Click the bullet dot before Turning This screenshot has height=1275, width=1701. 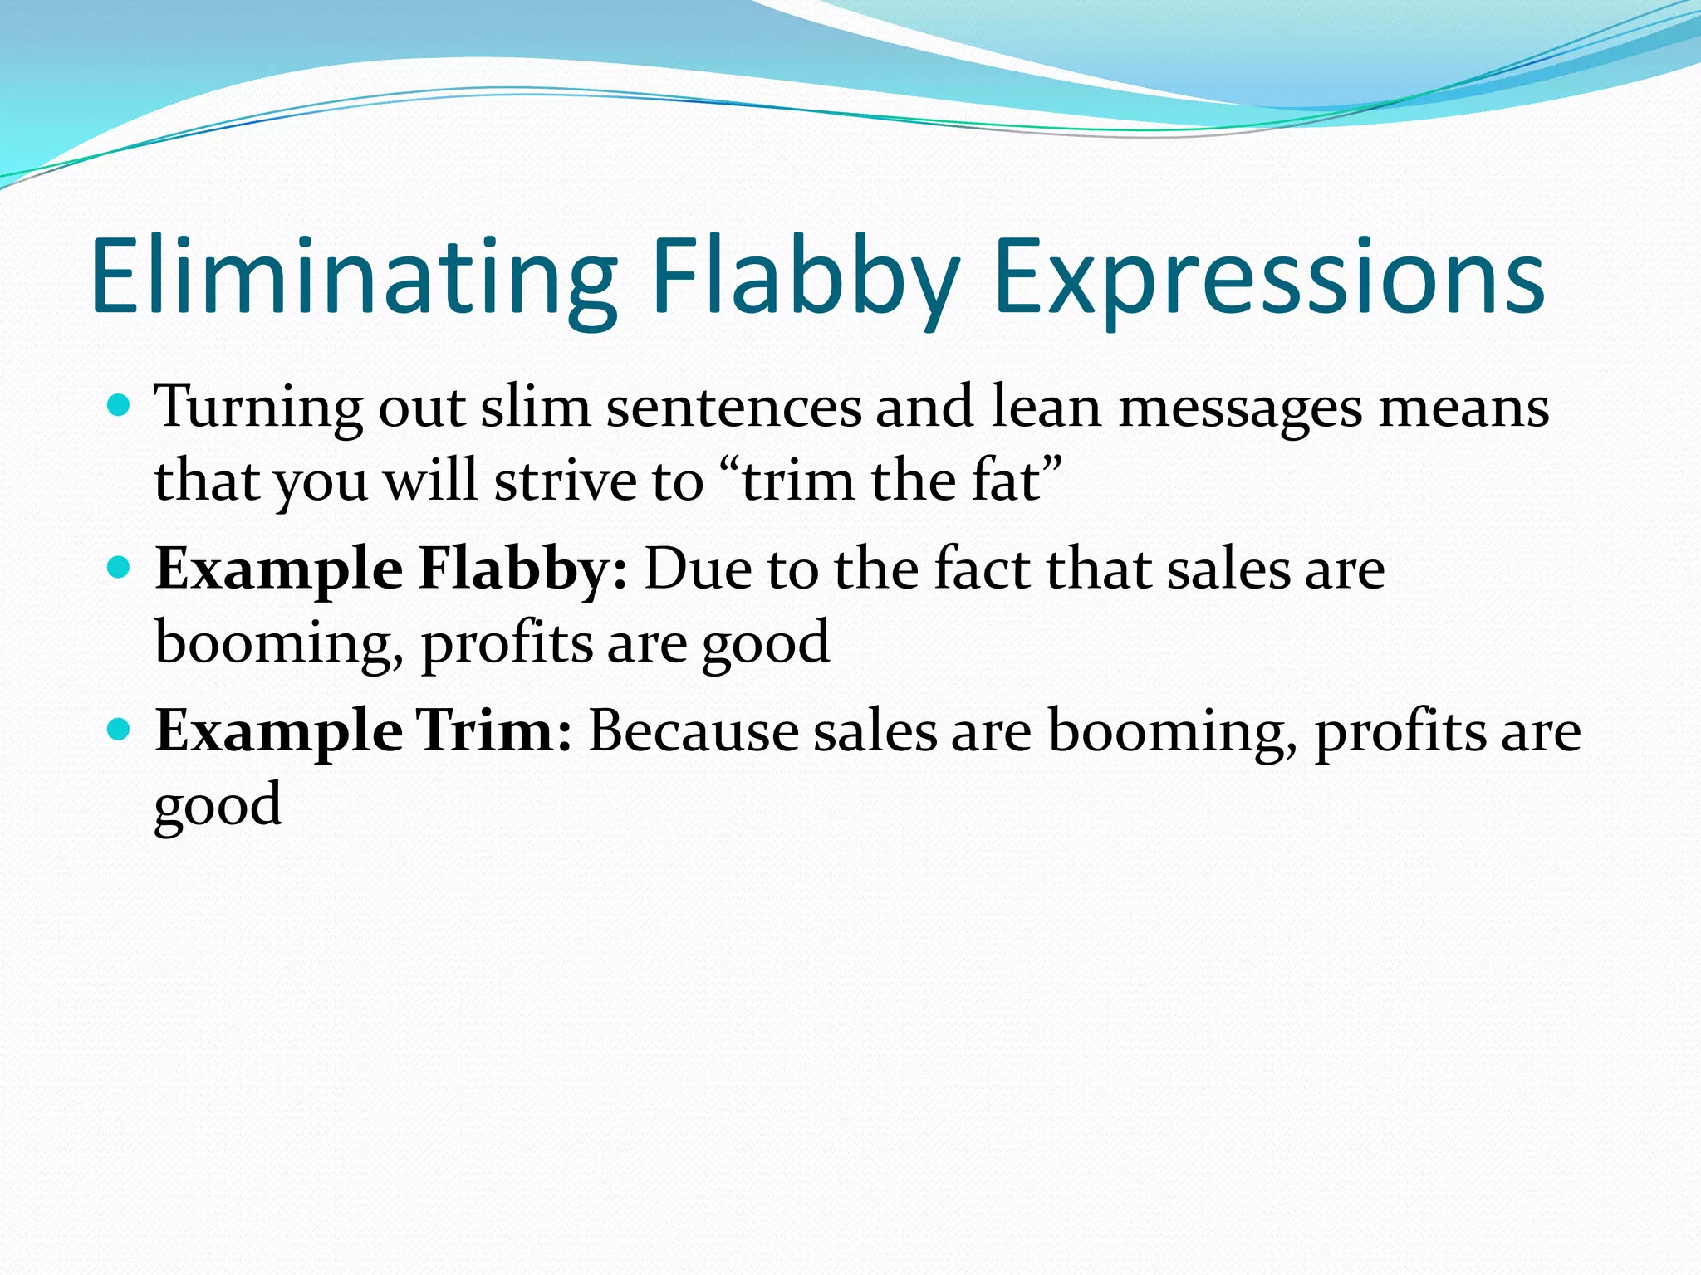(x=120, y=406)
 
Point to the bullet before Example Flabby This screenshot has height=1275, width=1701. (x=120, y=568)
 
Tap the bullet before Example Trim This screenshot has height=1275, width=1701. (x=120, y=730)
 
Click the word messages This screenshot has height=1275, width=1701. (x=1241, y=408)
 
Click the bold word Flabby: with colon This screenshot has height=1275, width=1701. (x=522, y=569)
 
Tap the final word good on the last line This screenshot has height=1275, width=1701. (x=218, y=805)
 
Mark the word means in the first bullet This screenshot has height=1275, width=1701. (x=1463, y=408)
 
